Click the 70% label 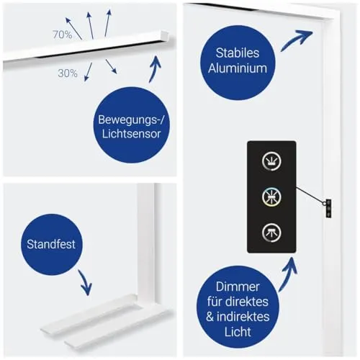(x=63, y=35)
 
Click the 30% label (x=68, y=73)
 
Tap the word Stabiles (x=238, y=53)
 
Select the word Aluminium (x=238, y=68)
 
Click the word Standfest (x=51, y=244)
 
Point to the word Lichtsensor (x=131, y=134)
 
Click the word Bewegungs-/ (x=131, y=120)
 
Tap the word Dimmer (x=238, y=287)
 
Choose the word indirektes (x=243, y=317)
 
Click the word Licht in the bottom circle (x=238, y=332)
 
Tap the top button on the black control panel (x=271, y=161)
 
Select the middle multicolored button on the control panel (x=271, y=197)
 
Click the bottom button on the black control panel (x=271, y=233)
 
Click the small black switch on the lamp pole (x=328, y=208)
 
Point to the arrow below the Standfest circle (x=85, y=282)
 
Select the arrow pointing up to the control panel (x=289, y=274)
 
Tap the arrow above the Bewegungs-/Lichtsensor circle (x=156, y=69)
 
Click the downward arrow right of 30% (x=111, y=66)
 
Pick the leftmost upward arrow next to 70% (x=73, y=28)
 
